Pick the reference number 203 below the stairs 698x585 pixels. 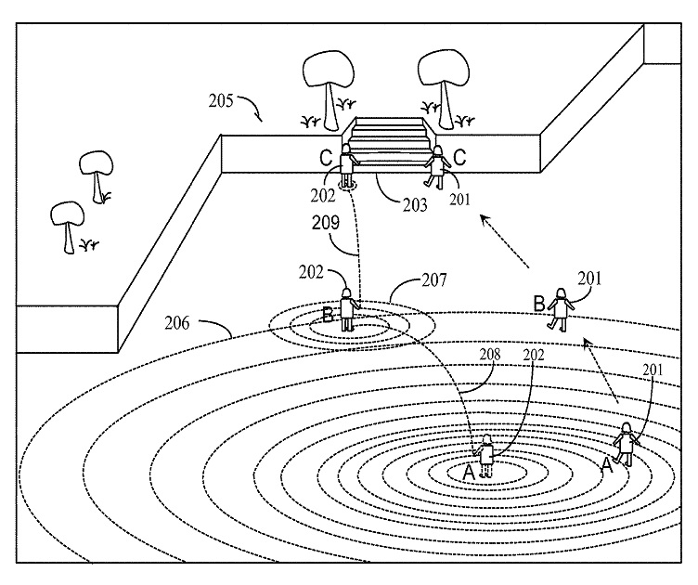[x=412, y=203]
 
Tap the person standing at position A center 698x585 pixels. [x=485, y=456]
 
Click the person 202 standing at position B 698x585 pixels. [x=348, y=308]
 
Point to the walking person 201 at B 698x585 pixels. [x=560, y=308]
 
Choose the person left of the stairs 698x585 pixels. [x=348, y=164]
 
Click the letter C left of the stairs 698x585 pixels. [x=326, y=158]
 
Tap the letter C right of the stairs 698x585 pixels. [x=459, y=158]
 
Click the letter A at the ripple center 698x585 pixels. [x=468, y=473]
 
